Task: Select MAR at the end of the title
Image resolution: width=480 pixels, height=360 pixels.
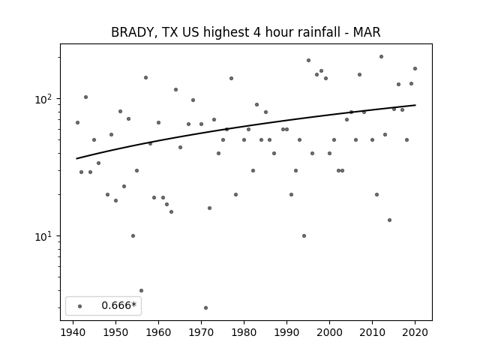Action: pyautogui.click(x=367, y=32)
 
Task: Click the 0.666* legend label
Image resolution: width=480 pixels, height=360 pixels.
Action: pyautogui.click(x=118, y=305)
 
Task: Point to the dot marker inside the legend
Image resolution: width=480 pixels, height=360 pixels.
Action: pyautogui.click(x=80, y=306)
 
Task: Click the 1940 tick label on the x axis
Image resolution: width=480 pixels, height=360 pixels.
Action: pyautogui.click(x=73, y=332)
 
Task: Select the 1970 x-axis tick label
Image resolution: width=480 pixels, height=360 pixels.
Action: pyautogui.click(x=201, y=332)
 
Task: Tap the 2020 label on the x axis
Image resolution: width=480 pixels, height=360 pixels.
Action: pyautogui.click(x=415, y=332)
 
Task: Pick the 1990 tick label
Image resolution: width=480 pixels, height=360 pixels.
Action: pyautogui.click(x=286, y=332)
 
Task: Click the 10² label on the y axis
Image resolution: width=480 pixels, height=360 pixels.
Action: pyautogui.click(x=45, y=99)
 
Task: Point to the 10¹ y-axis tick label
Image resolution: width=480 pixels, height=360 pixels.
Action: pyautogui.click(x=45, y=236)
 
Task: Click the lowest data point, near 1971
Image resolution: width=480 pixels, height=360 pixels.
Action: pyautogui.click(x=205, y=307)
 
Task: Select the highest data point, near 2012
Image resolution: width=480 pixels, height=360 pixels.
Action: pyautogui.click(x=381, y=57)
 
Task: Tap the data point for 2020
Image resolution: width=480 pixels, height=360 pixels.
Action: pyautogui.click(x=415, y=68)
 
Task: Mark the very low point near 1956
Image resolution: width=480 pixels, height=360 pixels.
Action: pyautogui.click(x=141, y=290)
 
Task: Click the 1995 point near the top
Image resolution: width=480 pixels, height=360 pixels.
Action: pyautogui.click(x=308, y=60)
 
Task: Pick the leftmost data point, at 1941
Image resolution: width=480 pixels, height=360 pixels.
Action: pyautogui.click(x=77, y=122)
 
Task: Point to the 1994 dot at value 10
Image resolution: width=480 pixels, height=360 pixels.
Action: pyautogui.click(x=304, y=235)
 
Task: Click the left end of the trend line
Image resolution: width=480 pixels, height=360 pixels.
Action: pyautogui.click(x=76, y=158)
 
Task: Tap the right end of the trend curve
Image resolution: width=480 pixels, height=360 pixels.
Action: pyautogui.click(x=415, y=105)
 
